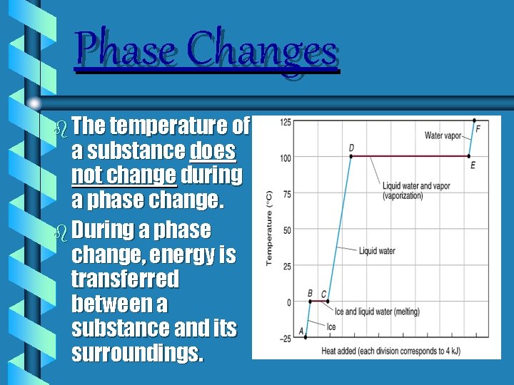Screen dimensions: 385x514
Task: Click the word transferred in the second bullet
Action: pos(125,279)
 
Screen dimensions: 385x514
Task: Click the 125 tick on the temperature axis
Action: pos(284,122)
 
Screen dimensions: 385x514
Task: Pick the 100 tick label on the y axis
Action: pos(284,158)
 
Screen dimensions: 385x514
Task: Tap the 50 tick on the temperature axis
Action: pos(286,230)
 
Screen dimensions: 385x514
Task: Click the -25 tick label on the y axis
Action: pos(283,339)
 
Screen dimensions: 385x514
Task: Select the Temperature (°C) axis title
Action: pos(269,228)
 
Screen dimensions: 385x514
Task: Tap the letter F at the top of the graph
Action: pos(478,128)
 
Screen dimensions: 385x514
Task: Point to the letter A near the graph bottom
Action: pos(301,330)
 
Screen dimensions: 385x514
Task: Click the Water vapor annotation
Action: pos(443,135)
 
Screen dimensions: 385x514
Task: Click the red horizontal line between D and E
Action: pos(410,156)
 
